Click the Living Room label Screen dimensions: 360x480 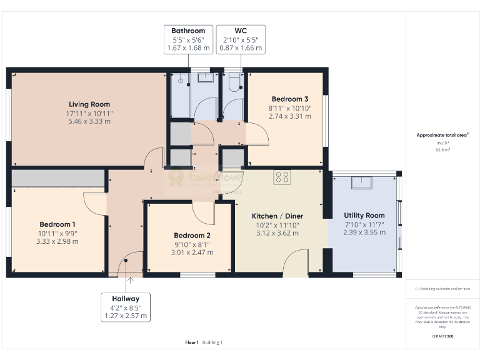point(89,104)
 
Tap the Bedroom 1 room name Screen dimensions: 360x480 point(57,224)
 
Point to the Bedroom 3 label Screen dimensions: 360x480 point(289,99)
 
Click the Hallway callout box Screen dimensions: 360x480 point(126,307)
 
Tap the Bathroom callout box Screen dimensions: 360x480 point(188,39)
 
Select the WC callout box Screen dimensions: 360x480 point(241,39)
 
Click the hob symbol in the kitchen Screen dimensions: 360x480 point(281,177)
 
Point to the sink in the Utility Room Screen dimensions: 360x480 point(362,182)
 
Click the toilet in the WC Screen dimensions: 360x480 point(234,84)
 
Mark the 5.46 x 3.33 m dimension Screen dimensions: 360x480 point(89,121)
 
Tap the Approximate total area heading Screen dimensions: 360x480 point(442,135)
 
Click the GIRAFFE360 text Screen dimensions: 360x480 point(442,336)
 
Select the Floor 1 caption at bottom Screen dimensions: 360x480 point(192,342)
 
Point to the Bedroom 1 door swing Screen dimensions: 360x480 point(95,204)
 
